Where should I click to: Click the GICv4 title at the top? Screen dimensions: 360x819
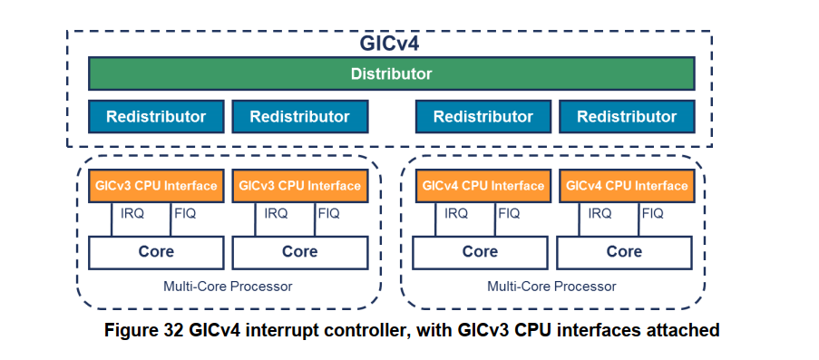click(391, 44)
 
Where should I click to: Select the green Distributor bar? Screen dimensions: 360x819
click(391, 73)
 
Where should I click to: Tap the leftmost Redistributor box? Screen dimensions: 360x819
click(156, 116)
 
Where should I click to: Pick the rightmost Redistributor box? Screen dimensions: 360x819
click(627, 116)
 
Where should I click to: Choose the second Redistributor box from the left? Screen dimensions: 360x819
click(299, 116)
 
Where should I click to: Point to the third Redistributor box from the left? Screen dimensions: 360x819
click(483, 116)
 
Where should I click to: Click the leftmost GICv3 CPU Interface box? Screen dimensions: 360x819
click(156, 186)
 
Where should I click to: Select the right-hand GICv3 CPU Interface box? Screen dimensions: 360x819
click(299, 186)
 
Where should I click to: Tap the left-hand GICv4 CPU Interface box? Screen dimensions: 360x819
click(482, 186)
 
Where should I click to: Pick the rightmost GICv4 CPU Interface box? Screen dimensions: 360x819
click(626, 186)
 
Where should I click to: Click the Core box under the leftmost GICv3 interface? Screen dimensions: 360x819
click(156, 252)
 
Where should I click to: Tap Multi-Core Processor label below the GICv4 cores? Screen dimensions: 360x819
click(551, 287)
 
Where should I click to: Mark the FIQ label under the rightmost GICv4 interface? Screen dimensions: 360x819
click(653, 214)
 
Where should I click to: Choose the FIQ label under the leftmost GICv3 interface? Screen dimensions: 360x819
click(184, 214)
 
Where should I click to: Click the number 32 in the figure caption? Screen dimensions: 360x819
click(177, 330)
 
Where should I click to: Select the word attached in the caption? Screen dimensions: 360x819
click(687, 330)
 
